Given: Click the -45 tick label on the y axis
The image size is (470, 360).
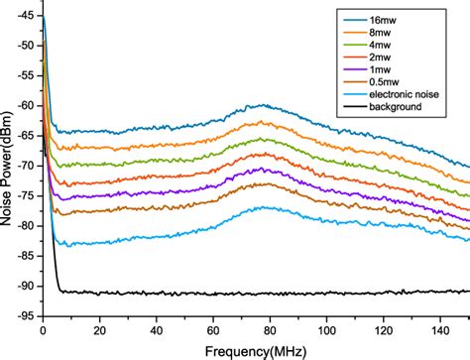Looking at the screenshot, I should (x=26, y=17).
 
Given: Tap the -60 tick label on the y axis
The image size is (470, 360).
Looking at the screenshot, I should (x=26, y=106).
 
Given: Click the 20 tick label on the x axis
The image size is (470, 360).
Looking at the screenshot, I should (x=98, y=328).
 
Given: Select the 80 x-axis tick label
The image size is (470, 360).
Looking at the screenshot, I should (x=268, y=328).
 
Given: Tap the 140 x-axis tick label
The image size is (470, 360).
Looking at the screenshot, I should (x=437, y=328).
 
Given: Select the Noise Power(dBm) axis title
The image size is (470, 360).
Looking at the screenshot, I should (x=9, y=164).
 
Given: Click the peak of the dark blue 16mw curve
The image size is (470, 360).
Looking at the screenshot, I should (x=262, y=104).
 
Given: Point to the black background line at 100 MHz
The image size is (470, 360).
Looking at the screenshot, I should (x=324, y=293).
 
